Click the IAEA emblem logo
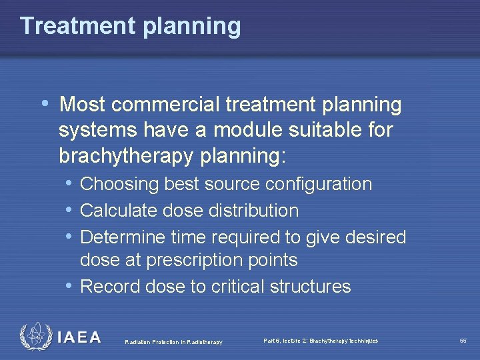coord(34,337)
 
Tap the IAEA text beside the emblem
coord(79,337)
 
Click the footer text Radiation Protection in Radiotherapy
coord(173,342)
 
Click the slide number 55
coord(463,341)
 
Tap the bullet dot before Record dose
coord(69,286)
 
